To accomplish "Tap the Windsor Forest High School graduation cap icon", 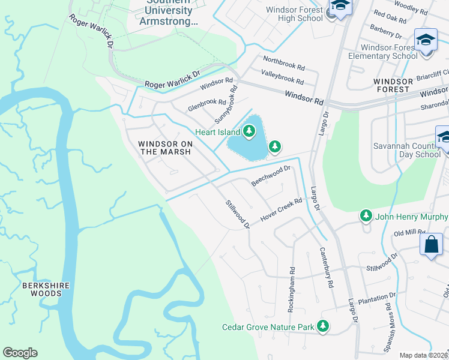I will [340, 7].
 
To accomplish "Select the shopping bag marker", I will [431, 245].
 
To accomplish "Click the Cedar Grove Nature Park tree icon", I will [324, 326].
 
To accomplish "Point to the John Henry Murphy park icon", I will [365, 215].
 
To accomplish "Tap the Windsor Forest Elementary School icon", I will [426, 41].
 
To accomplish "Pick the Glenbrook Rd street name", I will [207, 105].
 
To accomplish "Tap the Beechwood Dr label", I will [271, 176].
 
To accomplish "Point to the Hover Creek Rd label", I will [281, 209].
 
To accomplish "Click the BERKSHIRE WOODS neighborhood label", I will [42, 289].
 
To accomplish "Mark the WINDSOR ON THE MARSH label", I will [164, 148].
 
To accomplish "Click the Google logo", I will [20, 353].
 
